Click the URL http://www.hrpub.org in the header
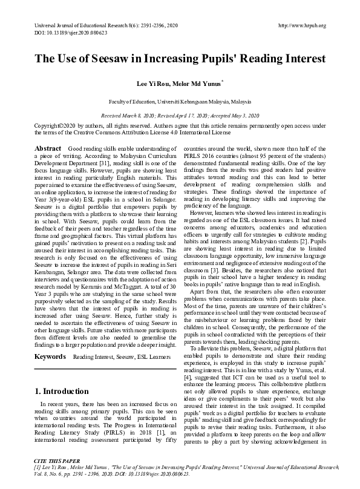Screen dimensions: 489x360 click(301, 25)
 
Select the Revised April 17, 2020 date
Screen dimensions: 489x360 click(187, 114)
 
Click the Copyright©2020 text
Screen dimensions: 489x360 click(56, 125)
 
